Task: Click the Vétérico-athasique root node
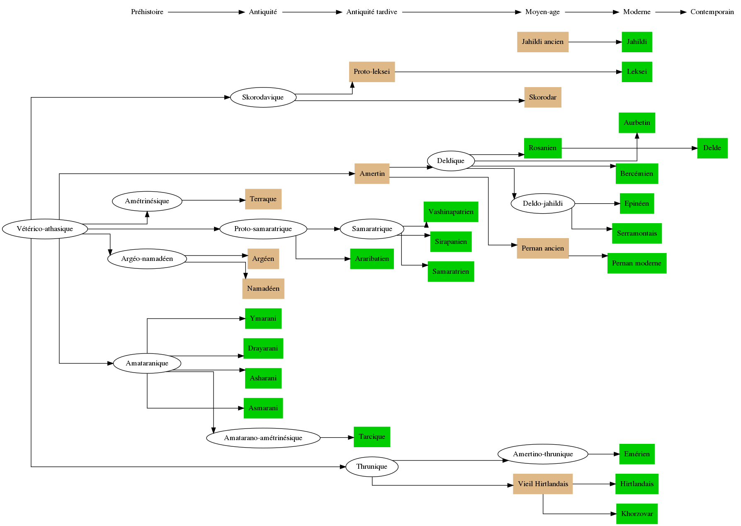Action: click(x=45, y=229)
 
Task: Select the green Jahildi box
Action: click(x=637, y=42)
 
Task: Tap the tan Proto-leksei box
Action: click(x=372, y=72)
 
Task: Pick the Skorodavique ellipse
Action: click(x=263, y=97)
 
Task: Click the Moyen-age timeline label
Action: click(x=542, y=12)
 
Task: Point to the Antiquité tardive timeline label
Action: click(x=372, y=12)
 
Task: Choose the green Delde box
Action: click(x=712, y=148)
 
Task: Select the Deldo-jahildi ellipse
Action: click(x=542, y=204)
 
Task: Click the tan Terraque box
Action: click(x=263, y=199)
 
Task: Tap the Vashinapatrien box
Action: click(x=451, y=212)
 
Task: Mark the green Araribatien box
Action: click(x=372, y=259)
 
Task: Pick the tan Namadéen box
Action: click(x=263, y=289)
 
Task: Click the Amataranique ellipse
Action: click(x=147, y=363)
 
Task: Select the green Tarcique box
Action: click(x=372, y=437)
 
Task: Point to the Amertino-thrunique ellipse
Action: click(x=542, y=454)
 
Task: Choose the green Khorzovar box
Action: click(x=637, y=514)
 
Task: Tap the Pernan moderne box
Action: click(x=637, y=263)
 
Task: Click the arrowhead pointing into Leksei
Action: click(x=619, y=72)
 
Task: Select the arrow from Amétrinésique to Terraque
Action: click(x=213, y=200)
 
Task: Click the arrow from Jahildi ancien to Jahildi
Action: click(x=595, y=42)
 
